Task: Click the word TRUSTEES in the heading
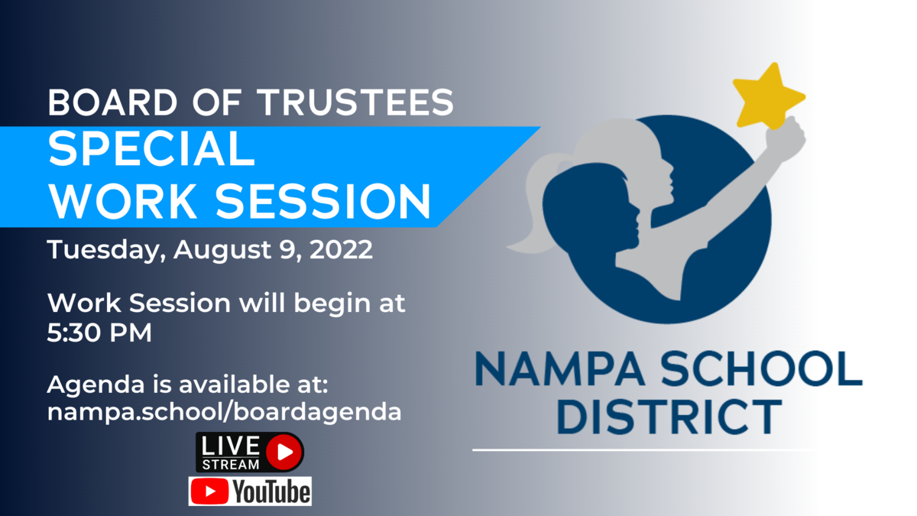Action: [x=356, y=102]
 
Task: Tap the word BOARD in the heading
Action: [x=112, y=102]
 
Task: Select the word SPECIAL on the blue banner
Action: [x=151, y=148]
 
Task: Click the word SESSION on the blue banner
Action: [x=323, y=201]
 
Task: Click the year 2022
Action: [x=341, y=249]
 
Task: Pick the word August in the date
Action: [x=222, y=250]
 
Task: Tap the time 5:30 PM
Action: [x=99, y=332]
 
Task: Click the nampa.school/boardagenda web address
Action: [x=225, y=411]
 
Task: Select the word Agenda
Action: [x=96, y=385]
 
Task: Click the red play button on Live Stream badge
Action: [x=284, y=452]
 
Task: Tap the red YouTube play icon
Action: [x=209, y=492]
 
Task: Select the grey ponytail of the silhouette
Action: [x=531, y=205]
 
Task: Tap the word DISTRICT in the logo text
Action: [x=669, y=417]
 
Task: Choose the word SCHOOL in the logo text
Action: [x=762, y=368]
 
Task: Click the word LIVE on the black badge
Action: [x=231, y=446]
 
